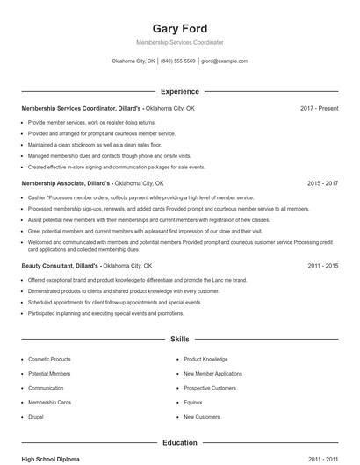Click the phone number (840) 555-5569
point(178,61)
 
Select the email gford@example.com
point(224,61)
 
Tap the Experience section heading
point(180,91)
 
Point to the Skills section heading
point(180,338)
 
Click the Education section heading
point(180,443)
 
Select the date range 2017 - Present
point(319,108)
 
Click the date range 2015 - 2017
point(322,184)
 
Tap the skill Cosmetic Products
point(50,359)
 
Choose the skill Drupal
point(37,416)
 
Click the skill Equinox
point(194,402)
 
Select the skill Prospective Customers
point(210,388)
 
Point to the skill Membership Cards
point(50,402)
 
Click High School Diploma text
point(51,459)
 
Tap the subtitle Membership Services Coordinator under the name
point(180,42)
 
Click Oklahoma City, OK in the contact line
point(133,61)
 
